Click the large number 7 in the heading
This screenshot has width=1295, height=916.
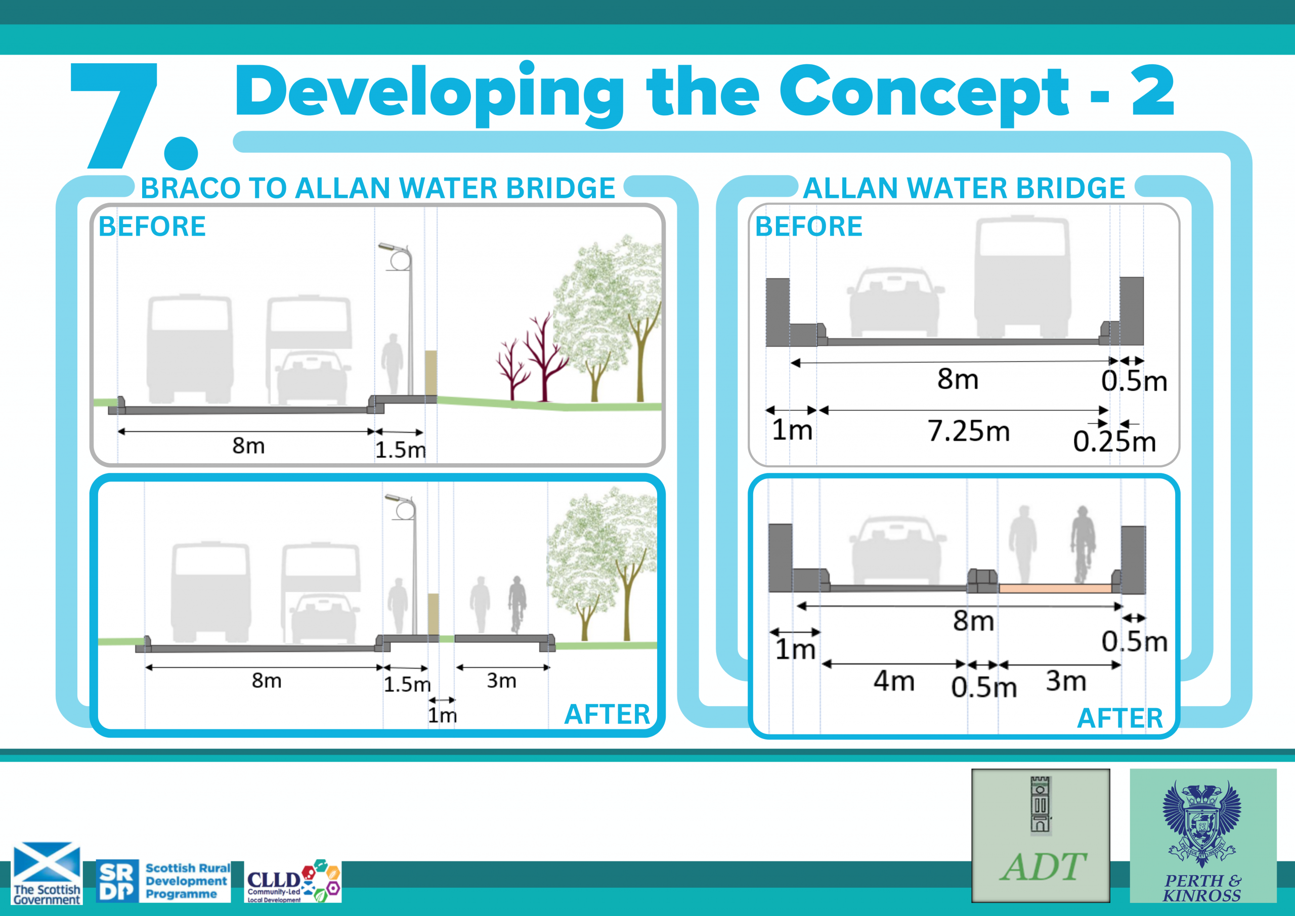tap(116, 116)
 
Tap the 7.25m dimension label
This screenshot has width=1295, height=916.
tap(968, 431)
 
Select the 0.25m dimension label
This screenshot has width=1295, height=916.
tap(1114, 441)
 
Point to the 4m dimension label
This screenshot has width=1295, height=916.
tap(894, 681)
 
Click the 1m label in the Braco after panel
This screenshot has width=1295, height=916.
tap(442, 715)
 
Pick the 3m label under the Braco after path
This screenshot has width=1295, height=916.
tap(501, 680)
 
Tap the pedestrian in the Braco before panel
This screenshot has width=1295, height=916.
tap(392, 364)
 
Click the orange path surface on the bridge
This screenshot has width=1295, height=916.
tap(1055, 588)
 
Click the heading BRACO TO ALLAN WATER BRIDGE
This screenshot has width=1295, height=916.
tap(377, 188)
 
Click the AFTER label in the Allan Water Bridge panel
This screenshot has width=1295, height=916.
tap(1119, 718)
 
